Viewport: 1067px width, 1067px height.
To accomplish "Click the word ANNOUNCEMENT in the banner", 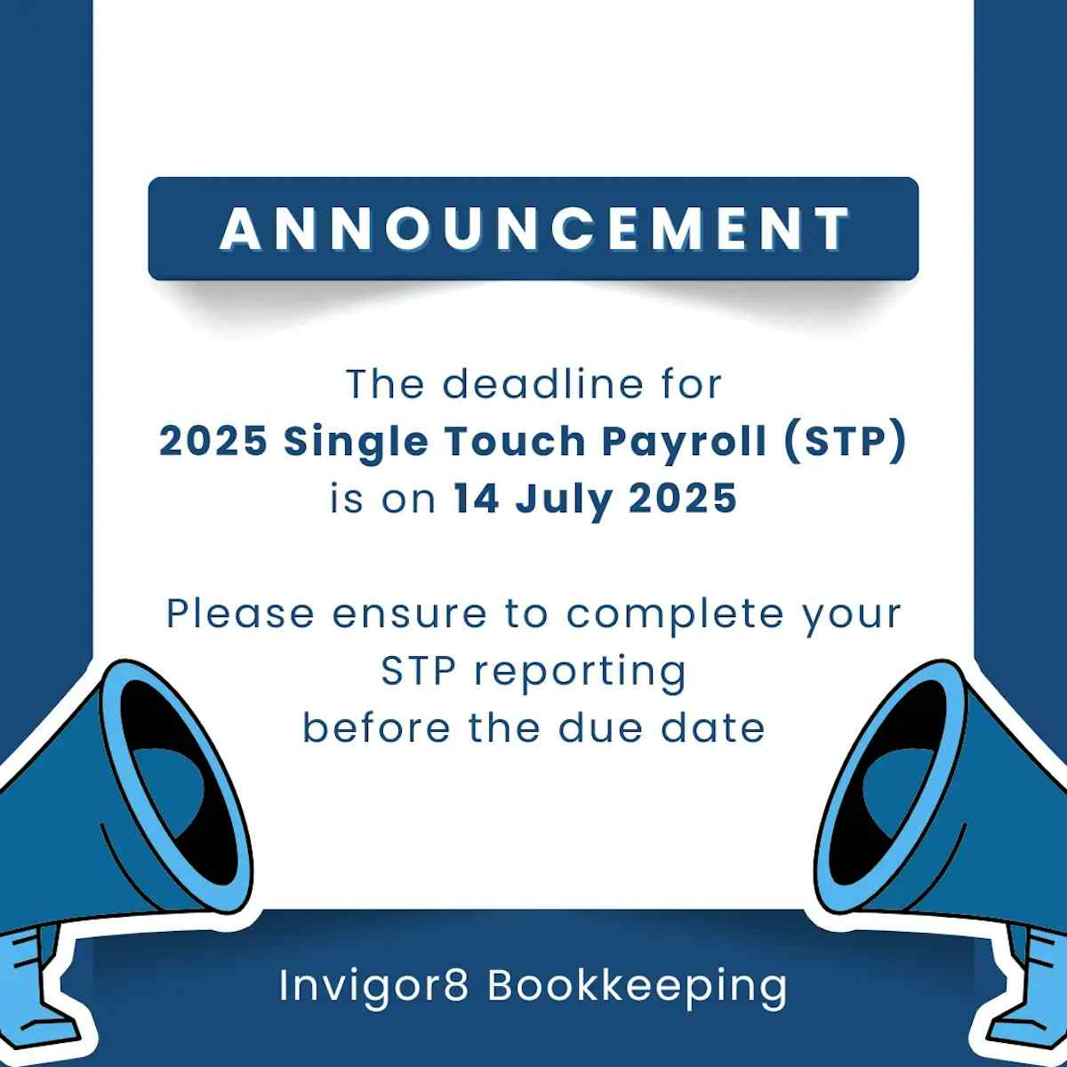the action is (x=534, y=229).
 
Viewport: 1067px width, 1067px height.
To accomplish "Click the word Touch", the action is (x=515, y=441).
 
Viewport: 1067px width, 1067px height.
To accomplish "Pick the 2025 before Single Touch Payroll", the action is (x=213, y=441).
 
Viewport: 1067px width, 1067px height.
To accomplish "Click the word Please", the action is (x=240, y=614).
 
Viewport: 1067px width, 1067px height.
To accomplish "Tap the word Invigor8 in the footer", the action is (x=373, y=985).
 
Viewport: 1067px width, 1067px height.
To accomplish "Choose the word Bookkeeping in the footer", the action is (x=637, y=985).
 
